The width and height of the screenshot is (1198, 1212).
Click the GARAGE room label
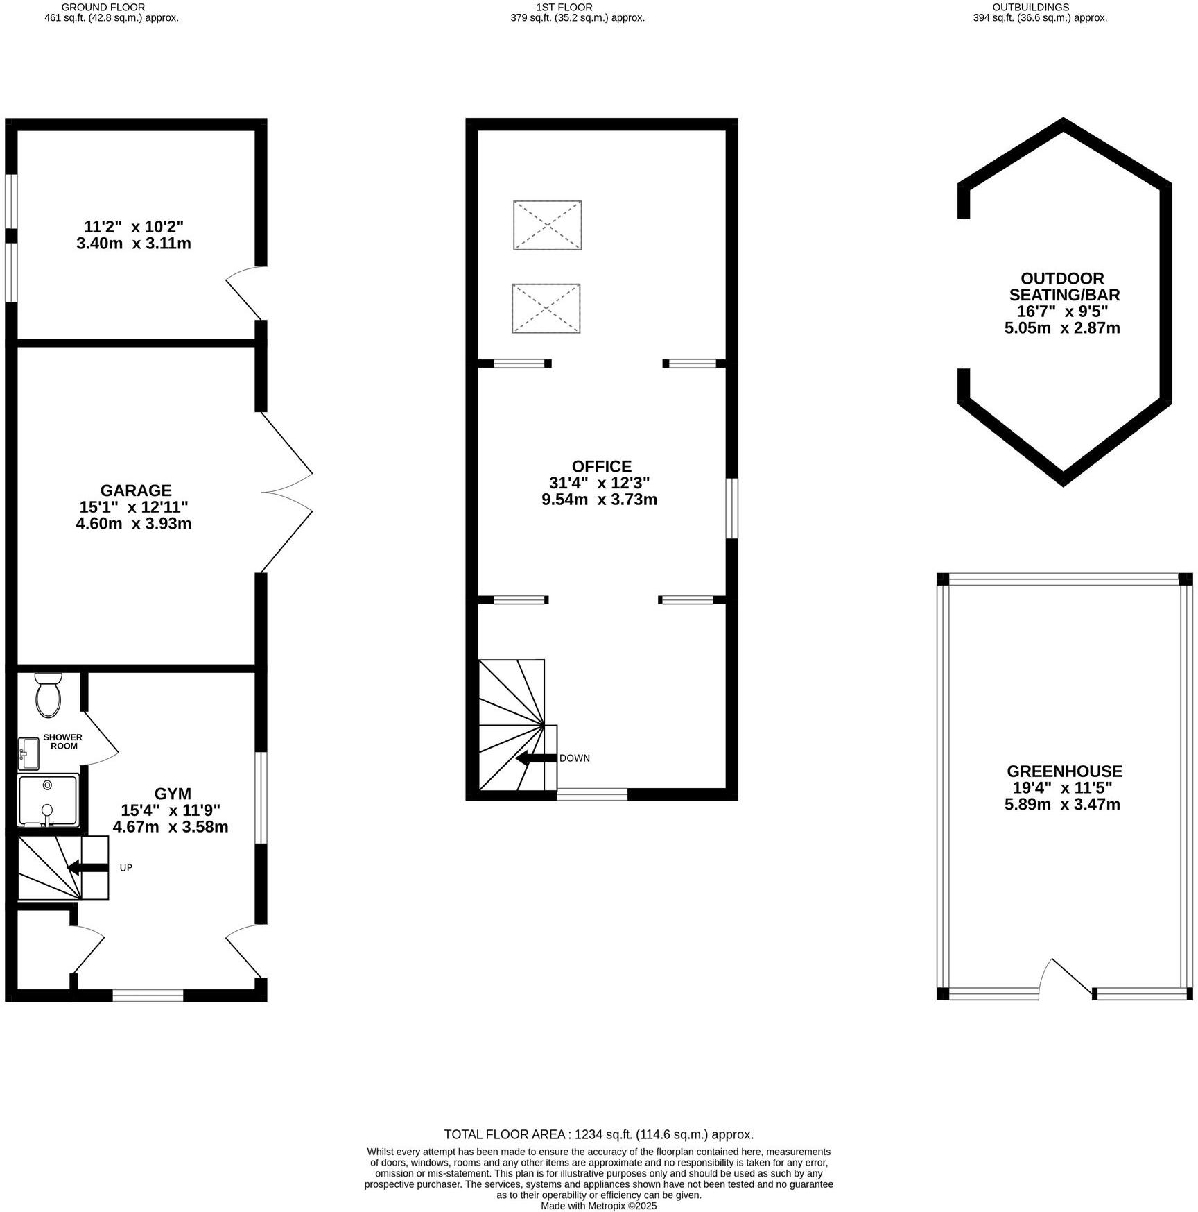pos(135,490)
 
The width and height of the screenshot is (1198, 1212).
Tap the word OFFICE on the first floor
pos(601,466)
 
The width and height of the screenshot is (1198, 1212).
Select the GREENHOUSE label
pos(1064,771)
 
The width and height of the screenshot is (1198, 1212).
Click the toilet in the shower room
pos(49,694)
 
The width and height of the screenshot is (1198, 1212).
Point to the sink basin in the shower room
pos(28,753)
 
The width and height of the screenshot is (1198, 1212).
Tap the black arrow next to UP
pos(87,867)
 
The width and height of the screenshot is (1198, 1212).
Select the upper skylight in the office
pos(547,225)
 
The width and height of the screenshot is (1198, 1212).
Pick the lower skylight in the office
pos(546,308)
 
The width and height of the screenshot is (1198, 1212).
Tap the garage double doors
pos(286,493)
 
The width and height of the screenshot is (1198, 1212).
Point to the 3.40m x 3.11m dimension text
pos(134,244)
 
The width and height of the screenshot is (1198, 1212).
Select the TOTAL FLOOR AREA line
pos(598,1134)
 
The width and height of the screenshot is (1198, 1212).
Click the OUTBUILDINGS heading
pos(1040,7)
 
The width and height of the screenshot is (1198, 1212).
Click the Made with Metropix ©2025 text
pos(598,1206)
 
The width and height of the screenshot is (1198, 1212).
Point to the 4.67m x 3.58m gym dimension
pos(171,827)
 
